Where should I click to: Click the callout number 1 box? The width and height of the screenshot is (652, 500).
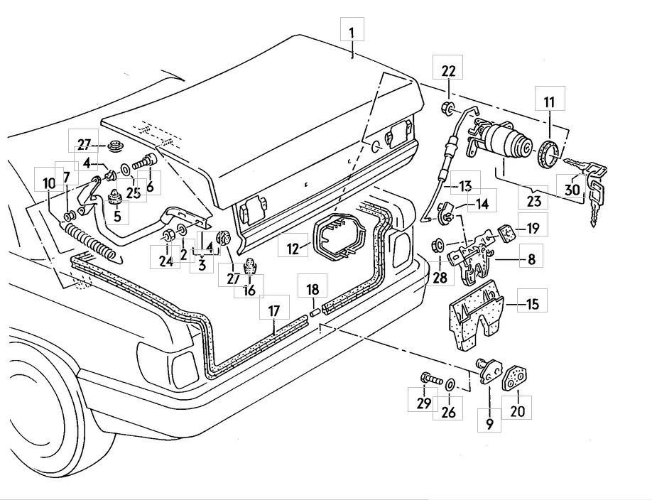coord(353,32)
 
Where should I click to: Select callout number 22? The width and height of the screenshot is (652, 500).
coord(449,72)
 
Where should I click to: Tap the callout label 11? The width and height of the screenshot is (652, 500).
coord(549,103)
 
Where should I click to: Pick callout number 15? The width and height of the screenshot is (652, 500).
coord(532,304)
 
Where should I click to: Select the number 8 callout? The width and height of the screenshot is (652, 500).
coord(531,260)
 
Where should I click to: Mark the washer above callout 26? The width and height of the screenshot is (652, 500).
coord(450,384)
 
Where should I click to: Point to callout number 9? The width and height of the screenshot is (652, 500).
coord(489,424)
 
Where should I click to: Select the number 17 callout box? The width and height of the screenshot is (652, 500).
coord(274,310)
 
